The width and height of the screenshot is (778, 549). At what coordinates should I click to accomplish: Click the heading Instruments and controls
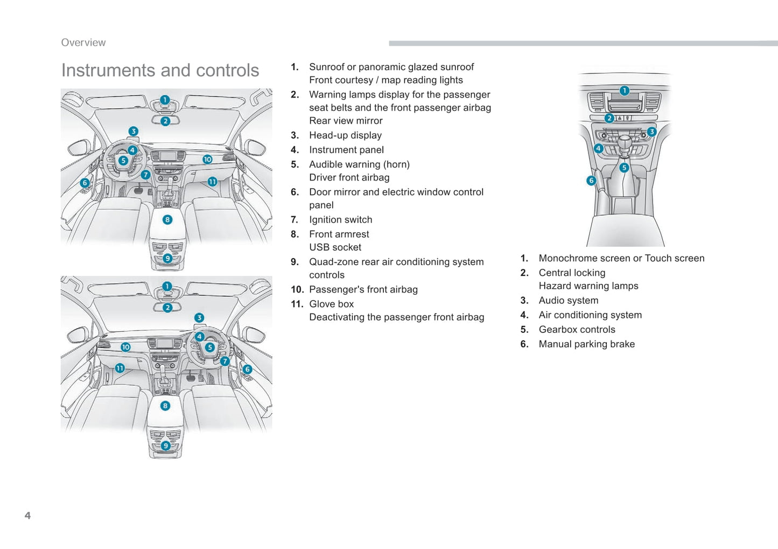[160, 71]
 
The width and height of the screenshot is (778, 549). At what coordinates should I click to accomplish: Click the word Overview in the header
[83, 43]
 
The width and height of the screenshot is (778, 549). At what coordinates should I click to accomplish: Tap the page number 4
[27, 516]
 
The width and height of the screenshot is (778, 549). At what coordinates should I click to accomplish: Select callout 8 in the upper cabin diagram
[167, 220]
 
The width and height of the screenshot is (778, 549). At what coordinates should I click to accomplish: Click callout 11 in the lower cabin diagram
[120, 368]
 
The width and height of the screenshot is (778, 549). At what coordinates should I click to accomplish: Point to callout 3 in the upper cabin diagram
[134, 131]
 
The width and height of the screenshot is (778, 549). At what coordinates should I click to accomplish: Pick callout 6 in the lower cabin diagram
[247, 369]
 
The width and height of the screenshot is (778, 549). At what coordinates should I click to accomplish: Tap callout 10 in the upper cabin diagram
[207, 159]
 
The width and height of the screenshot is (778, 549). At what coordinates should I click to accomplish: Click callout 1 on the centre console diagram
[624, 91]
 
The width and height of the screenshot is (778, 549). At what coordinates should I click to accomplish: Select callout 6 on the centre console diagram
[591, 180]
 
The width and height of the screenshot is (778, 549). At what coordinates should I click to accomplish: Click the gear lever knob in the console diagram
[624, 143]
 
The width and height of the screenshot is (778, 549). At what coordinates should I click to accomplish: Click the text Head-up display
[345, 135]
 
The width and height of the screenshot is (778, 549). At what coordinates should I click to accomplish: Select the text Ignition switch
[340, 219]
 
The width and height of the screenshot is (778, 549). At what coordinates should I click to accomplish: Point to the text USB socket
[335, 247]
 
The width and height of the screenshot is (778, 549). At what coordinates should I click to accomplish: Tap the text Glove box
[331, 304]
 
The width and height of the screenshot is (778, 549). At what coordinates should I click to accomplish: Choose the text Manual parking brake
[586, 344]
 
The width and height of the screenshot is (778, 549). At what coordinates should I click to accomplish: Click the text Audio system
[568, 300]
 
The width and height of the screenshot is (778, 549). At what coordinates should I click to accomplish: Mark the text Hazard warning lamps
[588, 286]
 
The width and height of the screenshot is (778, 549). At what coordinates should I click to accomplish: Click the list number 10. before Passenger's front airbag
[297, 289]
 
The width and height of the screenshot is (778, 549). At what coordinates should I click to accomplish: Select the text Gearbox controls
[577, 329]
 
